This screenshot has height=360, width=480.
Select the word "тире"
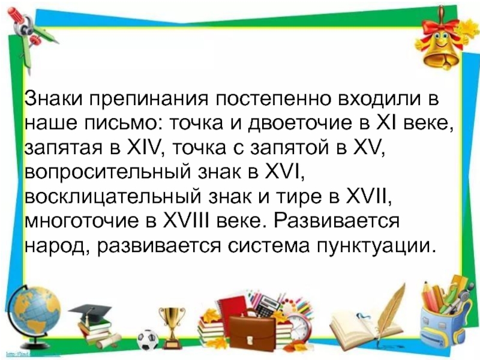293,196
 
